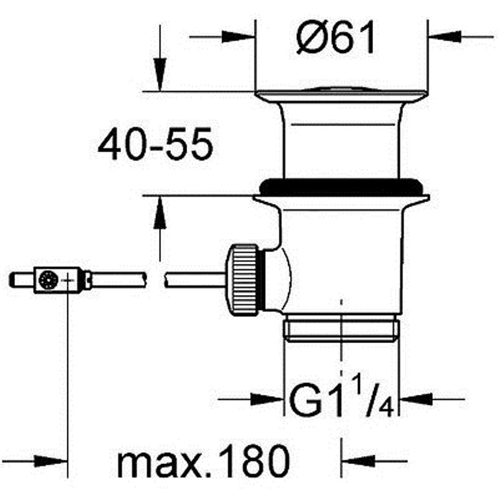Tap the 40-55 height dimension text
point(155,144)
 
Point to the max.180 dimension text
point(203,461)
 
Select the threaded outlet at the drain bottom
point(341,327)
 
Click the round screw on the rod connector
point(48,280)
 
